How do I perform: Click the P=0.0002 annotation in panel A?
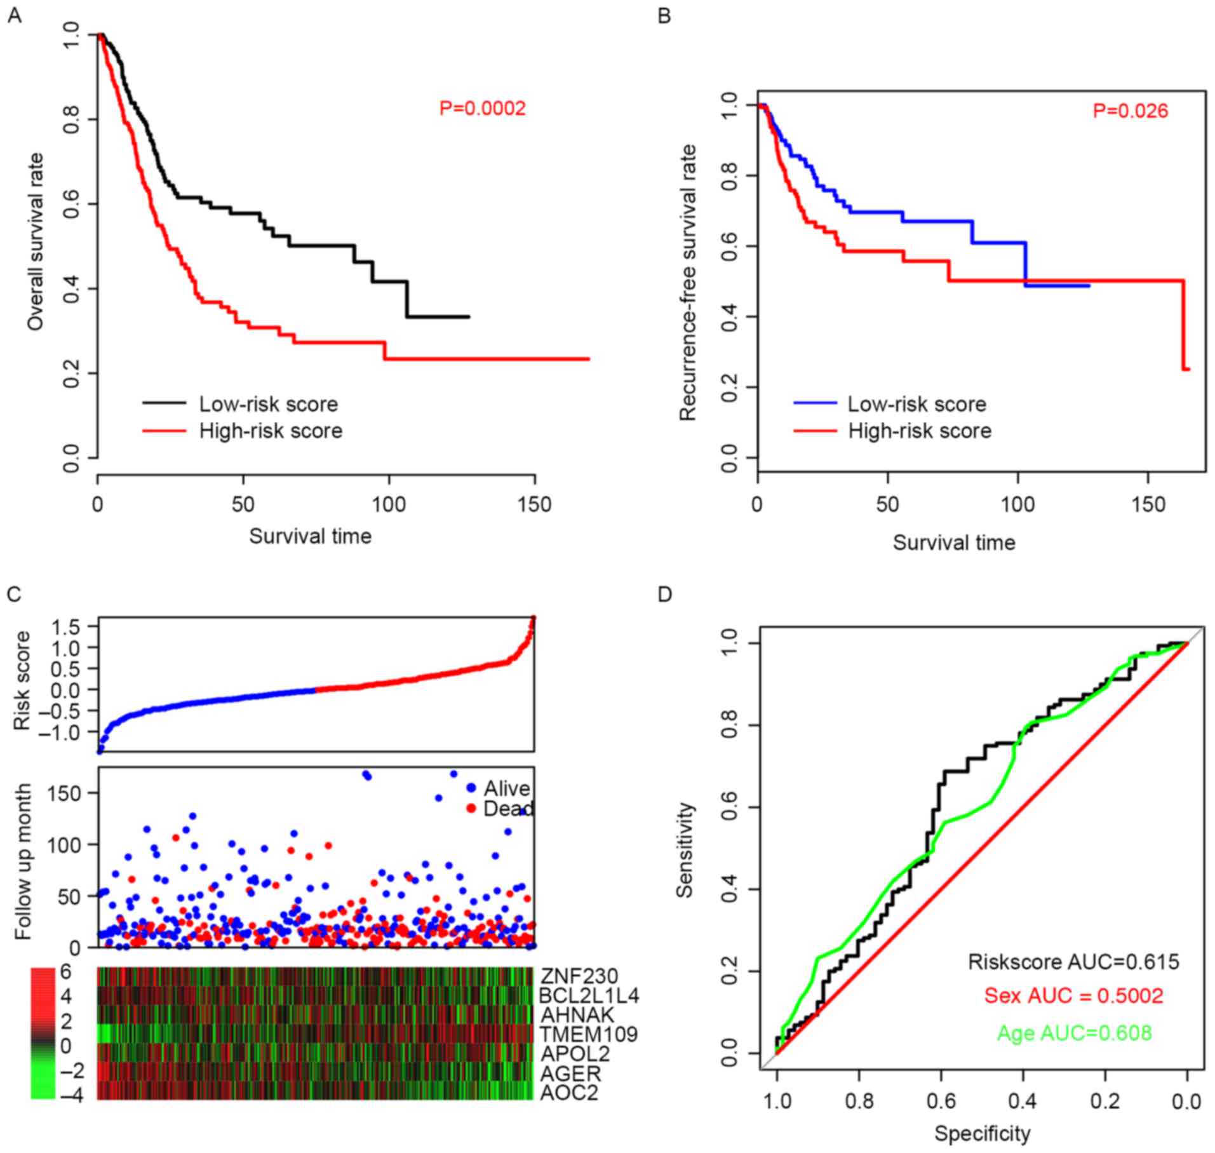482,109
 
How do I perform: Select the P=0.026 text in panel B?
1130,111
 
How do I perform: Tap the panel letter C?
13,594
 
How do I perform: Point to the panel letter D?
664,594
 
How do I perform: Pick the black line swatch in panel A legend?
164,403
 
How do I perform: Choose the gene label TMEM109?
589,1034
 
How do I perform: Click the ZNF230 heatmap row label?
579,976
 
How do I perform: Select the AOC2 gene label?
569,1092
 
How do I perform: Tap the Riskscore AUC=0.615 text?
1073,962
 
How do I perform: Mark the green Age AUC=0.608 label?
1074,1033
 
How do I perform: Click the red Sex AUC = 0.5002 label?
1073,995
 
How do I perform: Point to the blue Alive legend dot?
471,788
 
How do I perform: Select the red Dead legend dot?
471,808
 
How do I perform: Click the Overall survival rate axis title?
36,241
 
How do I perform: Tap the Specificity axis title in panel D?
982,1133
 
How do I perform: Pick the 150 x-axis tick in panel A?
534,504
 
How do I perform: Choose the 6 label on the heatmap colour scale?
65,972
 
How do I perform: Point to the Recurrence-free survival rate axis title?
688,282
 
